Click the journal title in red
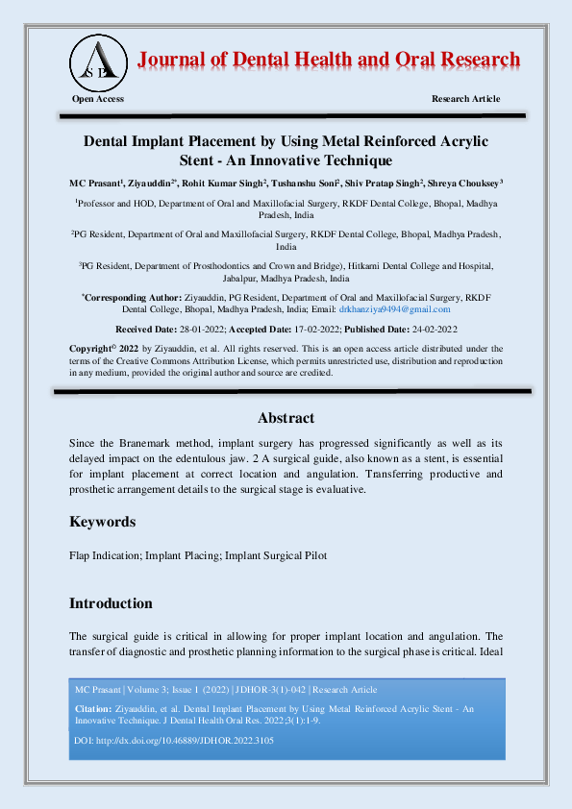(330, 60)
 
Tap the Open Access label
(98, 99)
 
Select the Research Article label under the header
(466, 99)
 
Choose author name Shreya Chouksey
(462, 183)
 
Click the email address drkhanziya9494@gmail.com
(394, 309)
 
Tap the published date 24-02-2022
(426, 330)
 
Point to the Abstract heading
(286, 418)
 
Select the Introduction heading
(111, 603)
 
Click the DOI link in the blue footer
(174, 742)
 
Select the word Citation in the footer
(93, 707)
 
